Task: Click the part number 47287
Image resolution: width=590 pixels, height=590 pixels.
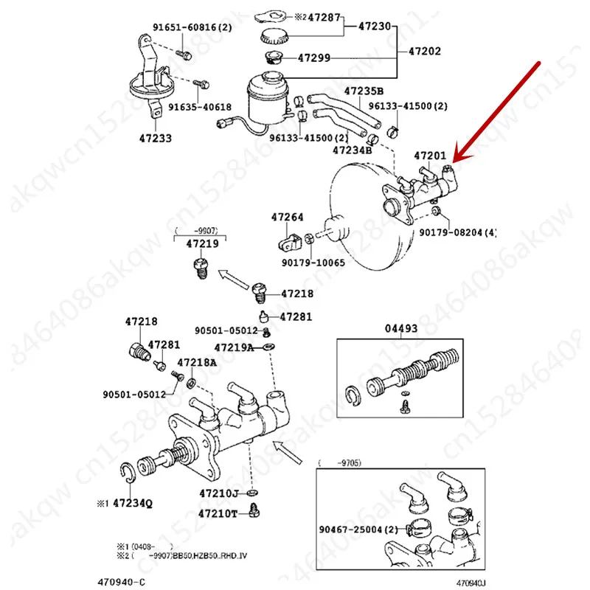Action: [x=324, y=16]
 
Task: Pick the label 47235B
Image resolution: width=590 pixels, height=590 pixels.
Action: [x=364, y=91]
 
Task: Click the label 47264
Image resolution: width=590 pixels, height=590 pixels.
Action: [x=287, y=217]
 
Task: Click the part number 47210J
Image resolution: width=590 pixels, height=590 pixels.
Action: [x=219, y=492]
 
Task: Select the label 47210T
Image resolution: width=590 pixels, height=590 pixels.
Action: [x=219, y=513]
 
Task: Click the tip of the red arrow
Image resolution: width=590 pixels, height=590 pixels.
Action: [x=455, y=162]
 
